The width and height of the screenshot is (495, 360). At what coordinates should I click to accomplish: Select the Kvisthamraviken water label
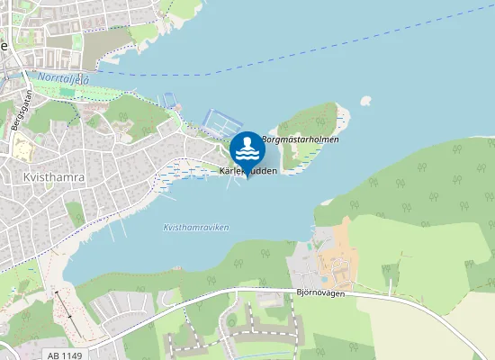coord(196,228)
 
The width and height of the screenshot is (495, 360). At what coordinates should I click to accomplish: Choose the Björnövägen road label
coord(320,292)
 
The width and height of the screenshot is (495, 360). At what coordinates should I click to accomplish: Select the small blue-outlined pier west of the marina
coord(169,101)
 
